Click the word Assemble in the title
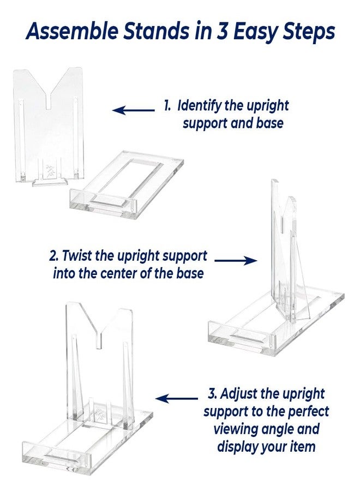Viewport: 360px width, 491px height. click(x=72, y=31)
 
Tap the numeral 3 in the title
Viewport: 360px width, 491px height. click(x=222, y=31)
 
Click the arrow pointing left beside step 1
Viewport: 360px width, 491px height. click(x=133, y=110)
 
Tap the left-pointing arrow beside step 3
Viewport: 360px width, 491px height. click(x=176, y=398)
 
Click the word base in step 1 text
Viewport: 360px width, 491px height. click(x=269, y=123)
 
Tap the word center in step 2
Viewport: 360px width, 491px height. click(x=125, y=273)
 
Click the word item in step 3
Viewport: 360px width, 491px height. click(x=304, y=446)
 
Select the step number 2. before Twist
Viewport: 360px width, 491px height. click(x=53, y=256)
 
